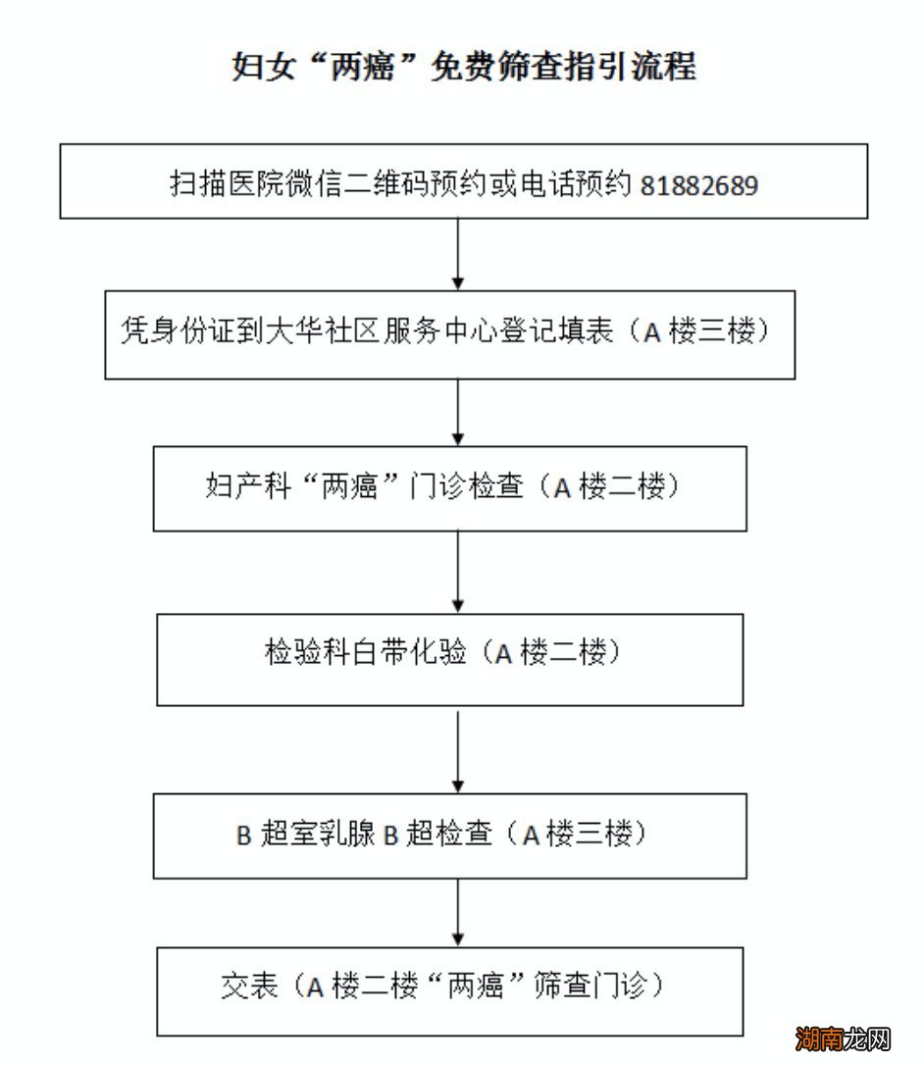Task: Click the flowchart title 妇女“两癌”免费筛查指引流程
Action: tap(463, 66)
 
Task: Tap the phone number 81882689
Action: tap(698, 185)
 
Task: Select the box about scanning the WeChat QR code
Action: tap(463, 181)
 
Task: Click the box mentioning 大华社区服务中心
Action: tap(449, 333)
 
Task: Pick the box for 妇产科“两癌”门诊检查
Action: tap(449, 488)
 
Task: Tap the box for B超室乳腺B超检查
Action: tap(449, 836)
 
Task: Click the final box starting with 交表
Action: tap(449, 989)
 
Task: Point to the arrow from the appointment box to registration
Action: tap(458, 254)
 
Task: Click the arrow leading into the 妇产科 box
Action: tap(458, 412)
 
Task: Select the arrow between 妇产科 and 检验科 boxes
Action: tap(458, 573)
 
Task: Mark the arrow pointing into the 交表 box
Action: tap(458, 912)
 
